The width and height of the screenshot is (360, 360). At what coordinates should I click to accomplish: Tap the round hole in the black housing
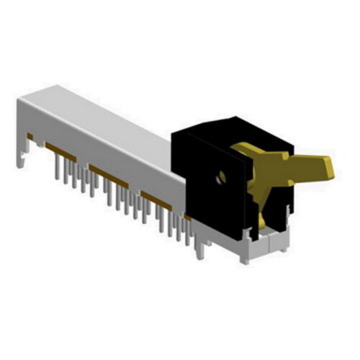click(x=222, y=175)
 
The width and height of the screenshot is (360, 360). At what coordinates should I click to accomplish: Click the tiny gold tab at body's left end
click(x=30, y=135)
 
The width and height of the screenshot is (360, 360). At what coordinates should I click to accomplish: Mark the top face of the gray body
click(x=108, y=115)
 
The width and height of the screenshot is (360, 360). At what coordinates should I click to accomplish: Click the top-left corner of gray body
click(x=22, y=101)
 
